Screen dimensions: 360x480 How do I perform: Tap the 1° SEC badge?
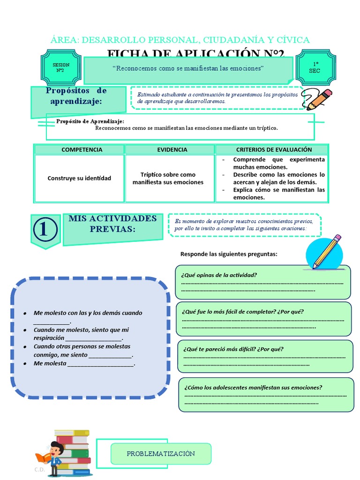click(315, 67)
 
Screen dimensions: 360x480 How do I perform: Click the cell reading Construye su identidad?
click(79, 178)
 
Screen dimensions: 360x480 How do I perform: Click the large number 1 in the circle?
click(45, 230)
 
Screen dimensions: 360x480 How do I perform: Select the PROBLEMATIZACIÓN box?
click(161, 453)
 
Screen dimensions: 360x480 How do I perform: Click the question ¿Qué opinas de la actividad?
click(219, 275)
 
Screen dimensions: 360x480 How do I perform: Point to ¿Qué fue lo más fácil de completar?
click(242, 312)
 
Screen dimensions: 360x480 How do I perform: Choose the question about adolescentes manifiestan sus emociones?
click(253, 388)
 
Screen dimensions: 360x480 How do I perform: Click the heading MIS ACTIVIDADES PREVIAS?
click(112, 224)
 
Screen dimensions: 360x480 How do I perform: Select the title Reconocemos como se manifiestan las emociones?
click(188, 69)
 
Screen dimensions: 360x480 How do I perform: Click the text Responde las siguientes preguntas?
click(229, 254)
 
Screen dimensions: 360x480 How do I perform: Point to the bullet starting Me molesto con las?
click(88, 313)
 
